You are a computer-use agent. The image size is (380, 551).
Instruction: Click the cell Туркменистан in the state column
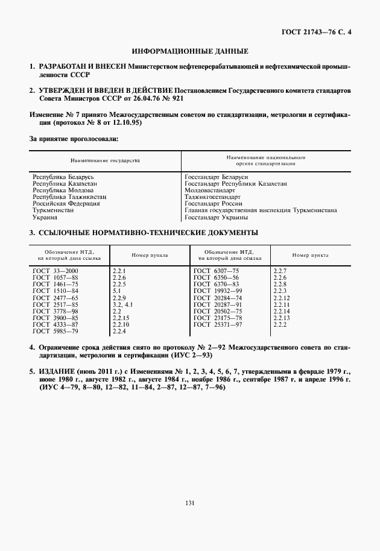point(53,210)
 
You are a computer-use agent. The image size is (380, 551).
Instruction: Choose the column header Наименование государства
point(105,162)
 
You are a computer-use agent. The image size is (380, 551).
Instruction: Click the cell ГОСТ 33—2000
point(55,271)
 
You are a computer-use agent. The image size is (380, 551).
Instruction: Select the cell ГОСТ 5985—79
point(55,331)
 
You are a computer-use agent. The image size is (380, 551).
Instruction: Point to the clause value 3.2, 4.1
point(122,304)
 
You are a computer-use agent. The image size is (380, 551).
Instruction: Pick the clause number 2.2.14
point(282,311)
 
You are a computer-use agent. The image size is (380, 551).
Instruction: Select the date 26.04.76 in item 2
point(143,98)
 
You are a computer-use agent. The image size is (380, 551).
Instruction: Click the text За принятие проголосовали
point(74,139)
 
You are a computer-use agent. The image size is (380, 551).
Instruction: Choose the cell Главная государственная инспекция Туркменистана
point(261,210)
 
